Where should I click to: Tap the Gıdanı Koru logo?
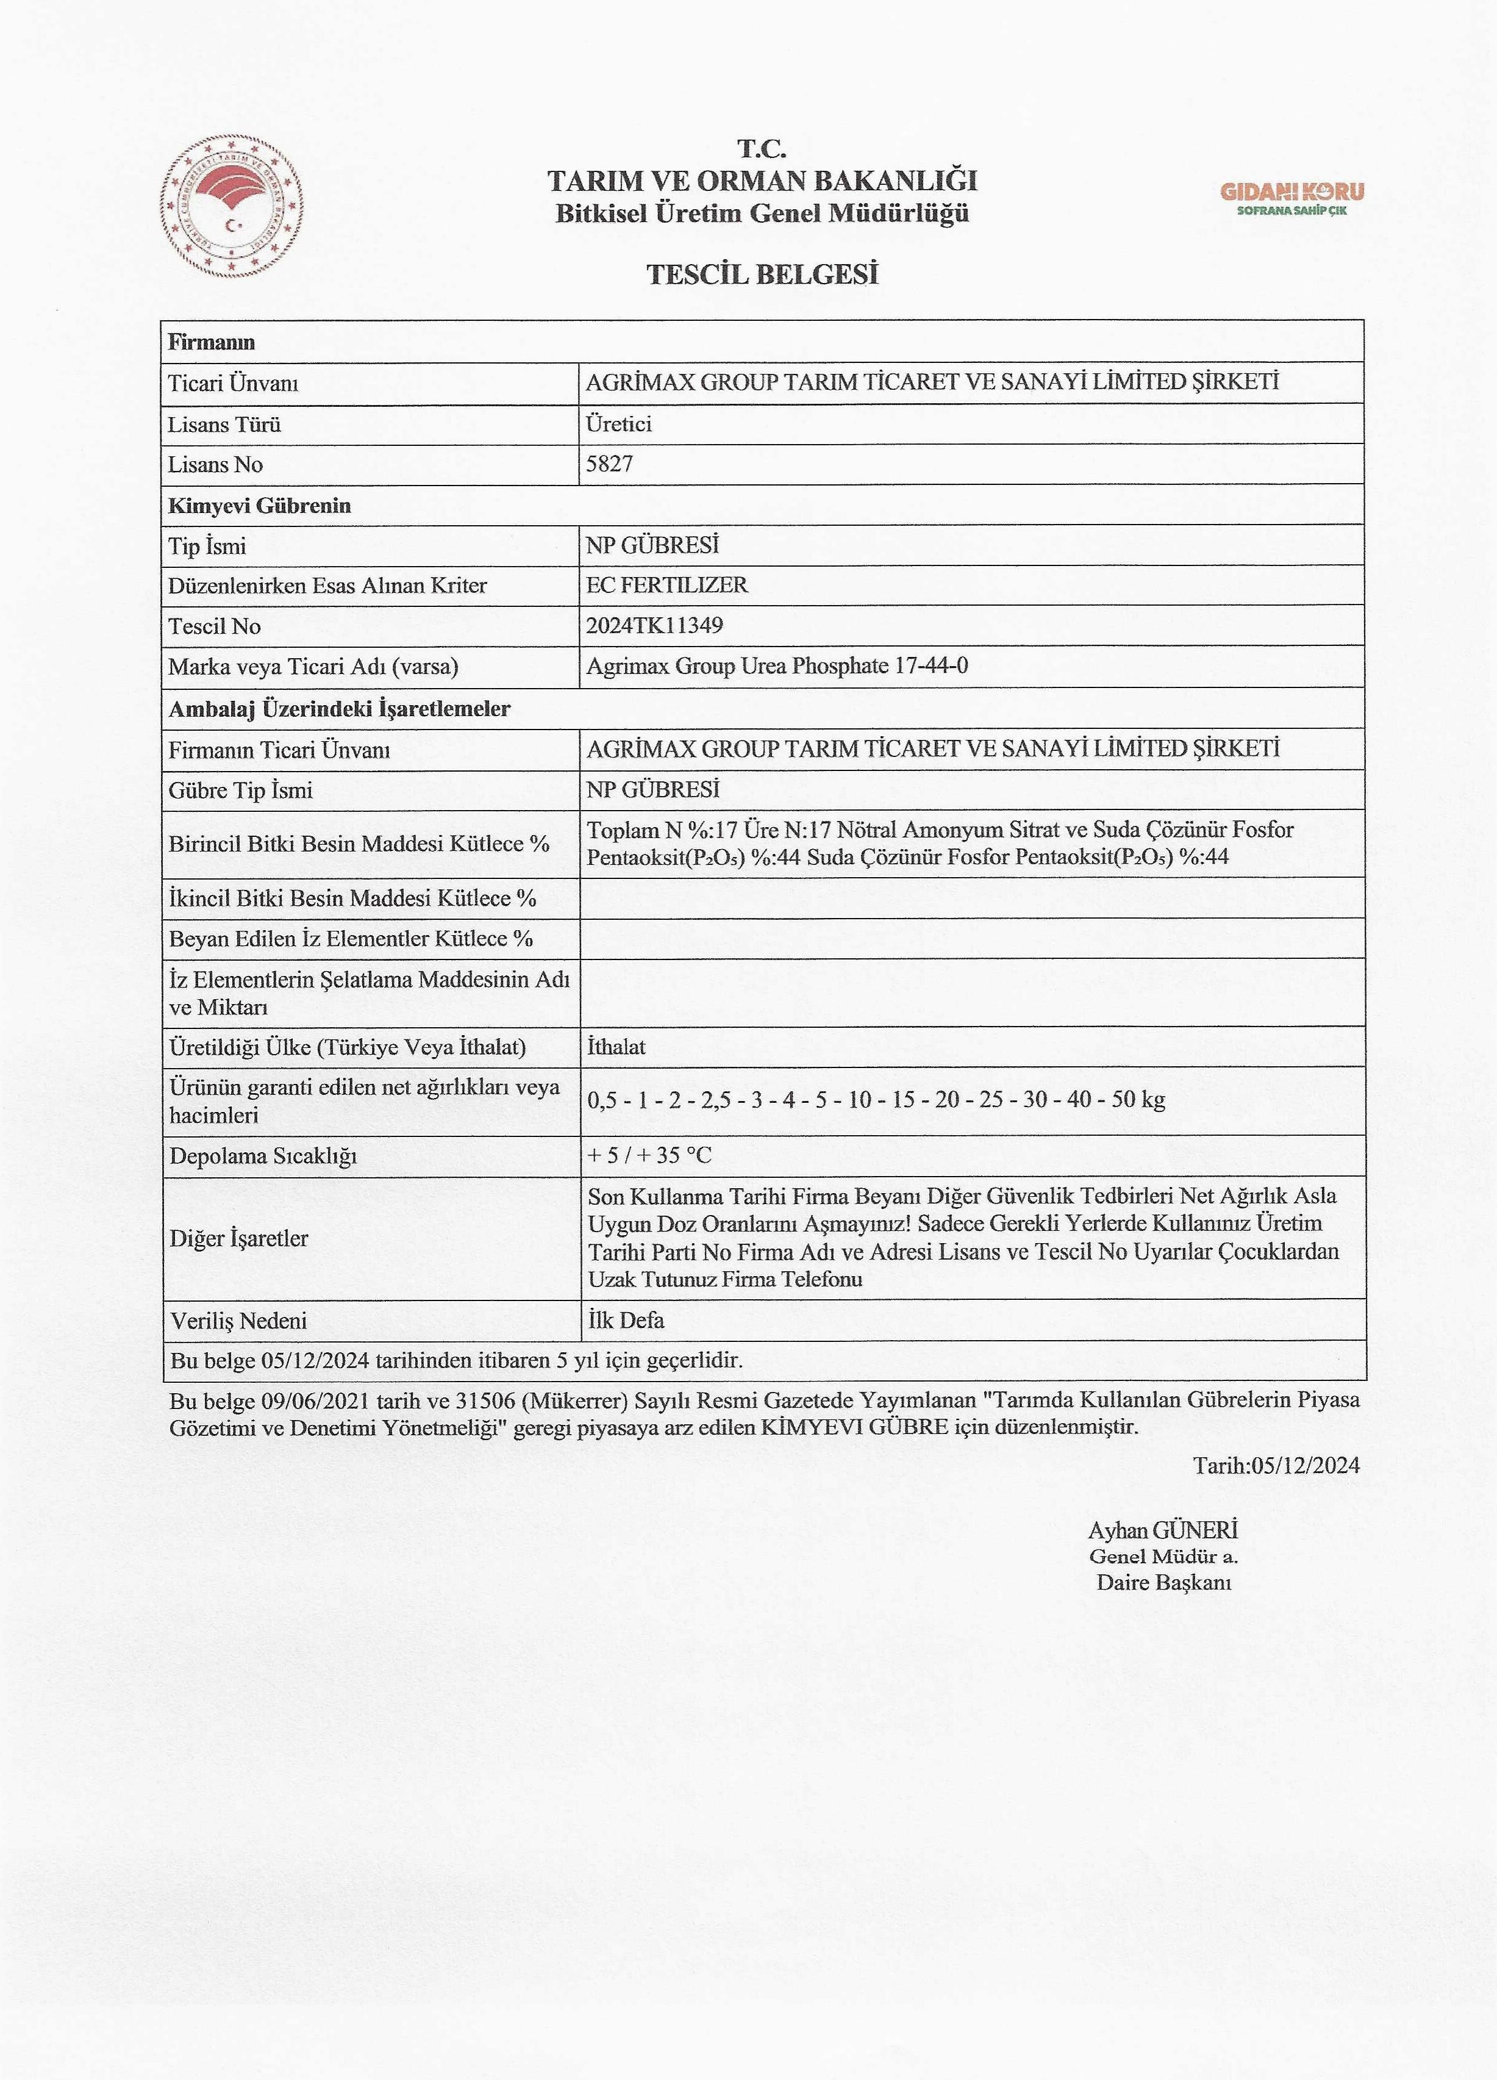click(x=1291, y=197)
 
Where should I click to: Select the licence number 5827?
click(x=610, y=464)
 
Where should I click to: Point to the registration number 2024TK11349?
click(x=654, y=625)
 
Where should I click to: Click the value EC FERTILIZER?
click(x=666, y=585)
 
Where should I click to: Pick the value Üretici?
click(x=619, y=424)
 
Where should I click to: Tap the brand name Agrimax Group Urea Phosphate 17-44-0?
click(x=776, y=666)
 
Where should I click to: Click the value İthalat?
click(x=616, y=1047)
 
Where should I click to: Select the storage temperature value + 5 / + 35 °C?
click(x=649, y=1155)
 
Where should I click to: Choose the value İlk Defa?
click(x=626, y=1320)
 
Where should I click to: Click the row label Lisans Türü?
click(x=224, y=425)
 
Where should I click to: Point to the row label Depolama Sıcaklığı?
click(x=263, y=1155)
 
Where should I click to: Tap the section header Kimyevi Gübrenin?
click(x=259, y=505)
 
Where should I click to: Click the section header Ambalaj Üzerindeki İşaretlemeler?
click(x=339, y=709)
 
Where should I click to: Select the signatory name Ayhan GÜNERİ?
click(x=1162, y=1530)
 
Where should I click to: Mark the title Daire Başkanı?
click(x=1163, y=1582)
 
